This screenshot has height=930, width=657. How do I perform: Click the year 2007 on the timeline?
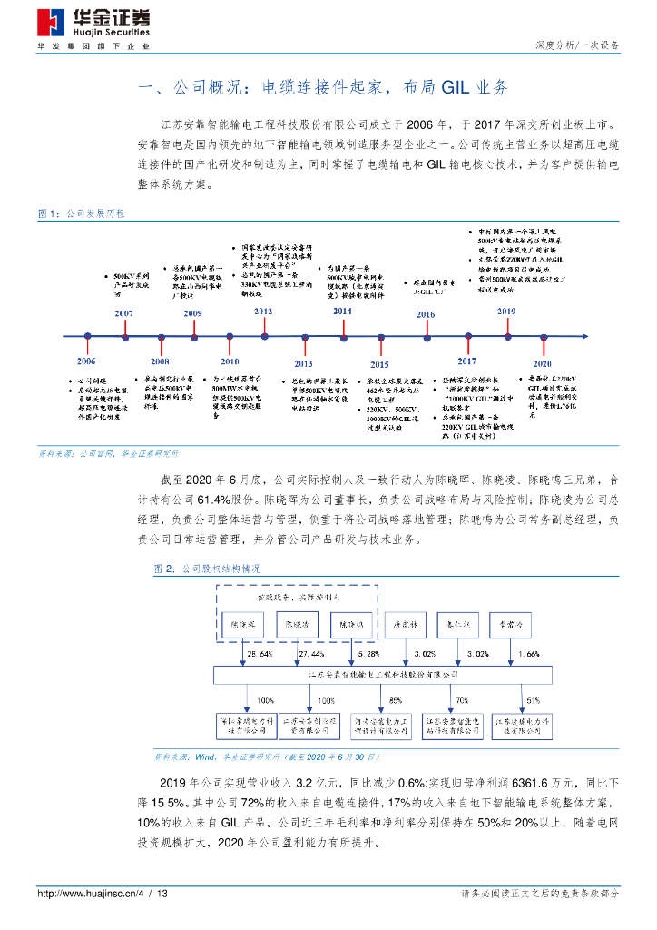(x=124, y=312)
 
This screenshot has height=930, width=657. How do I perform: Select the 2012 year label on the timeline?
(x=263, y=312)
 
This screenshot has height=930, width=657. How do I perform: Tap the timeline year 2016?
(x=425, y=314)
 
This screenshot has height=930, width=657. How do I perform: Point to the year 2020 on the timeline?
(x=554, y=361)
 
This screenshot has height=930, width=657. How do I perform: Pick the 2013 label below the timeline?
(x=302, y=362)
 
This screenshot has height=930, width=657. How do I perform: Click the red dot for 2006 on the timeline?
(x=87, y=336)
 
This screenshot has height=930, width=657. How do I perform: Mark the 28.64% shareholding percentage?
(x=260, y=653)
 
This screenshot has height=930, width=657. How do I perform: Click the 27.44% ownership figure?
(x=311, y=653)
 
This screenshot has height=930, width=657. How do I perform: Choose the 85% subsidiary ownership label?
(x=396, y=700)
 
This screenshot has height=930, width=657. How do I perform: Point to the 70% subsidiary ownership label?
(x=462, y=700)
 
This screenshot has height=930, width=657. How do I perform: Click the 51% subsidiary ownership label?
(x=533, y=700)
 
